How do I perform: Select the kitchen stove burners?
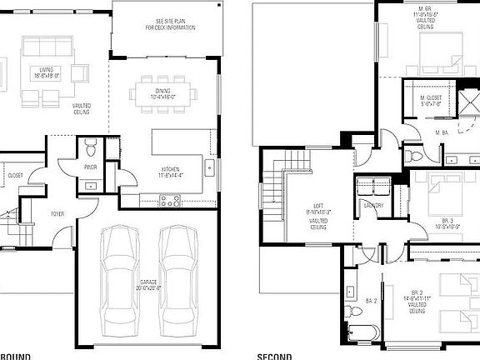[170, 200]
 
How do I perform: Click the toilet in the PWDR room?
[91, 150]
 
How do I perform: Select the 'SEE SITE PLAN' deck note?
[175, 24]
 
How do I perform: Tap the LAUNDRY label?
[373, 205]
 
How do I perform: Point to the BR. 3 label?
[448, 220]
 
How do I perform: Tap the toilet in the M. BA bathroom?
[410, 153]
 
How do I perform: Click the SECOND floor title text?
[274, 356]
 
